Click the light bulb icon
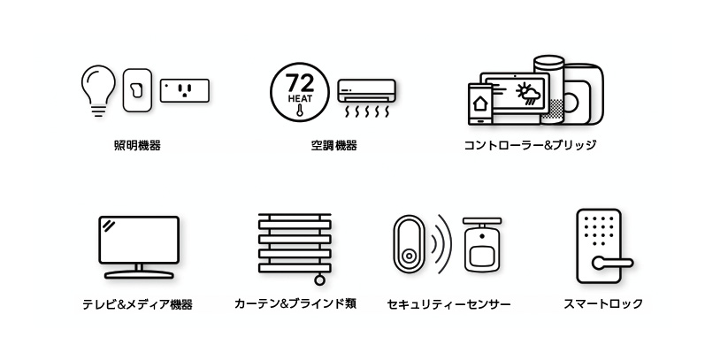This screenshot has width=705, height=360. [98, 90]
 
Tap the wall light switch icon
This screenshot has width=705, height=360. [137, 90]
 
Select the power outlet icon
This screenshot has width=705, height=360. [185, 91]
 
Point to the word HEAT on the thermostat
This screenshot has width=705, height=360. [300, 99]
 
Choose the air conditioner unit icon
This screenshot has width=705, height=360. [367, 98]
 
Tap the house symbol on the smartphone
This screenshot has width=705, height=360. [480, 103]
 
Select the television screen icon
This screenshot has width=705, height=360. [139, 240]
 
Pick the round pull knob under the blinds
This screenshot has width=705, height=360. [319, 280]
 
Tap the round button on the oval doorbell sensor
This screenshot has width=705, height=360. [409, 257]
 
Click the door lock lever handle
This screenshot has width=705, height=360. [612, 263]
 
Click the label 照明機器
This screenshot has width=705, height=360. [138, 146]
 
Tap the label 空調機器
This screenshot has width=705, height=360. [334, 146]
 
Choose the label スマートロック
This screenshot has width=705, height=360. [603, 304]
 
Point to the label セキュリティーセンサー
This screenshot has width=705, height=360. [448, 305]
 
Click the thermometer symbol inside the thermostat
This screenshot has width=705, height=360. [300, 111]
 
